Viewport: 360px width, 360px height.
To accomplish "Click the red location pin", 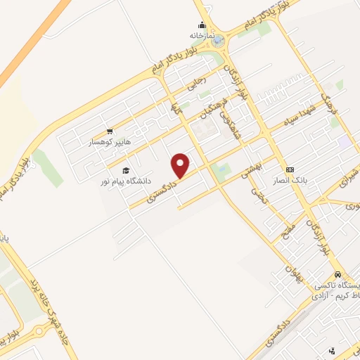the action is (181, 165).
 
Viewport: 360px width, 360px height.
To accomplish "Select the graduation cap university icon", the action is (126, 170).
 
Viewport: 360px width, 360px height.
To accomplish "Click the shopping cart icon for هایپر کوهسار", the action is (109, 131).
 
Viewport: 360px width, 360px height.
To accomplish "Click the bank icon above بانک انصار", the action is (290, 170).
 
